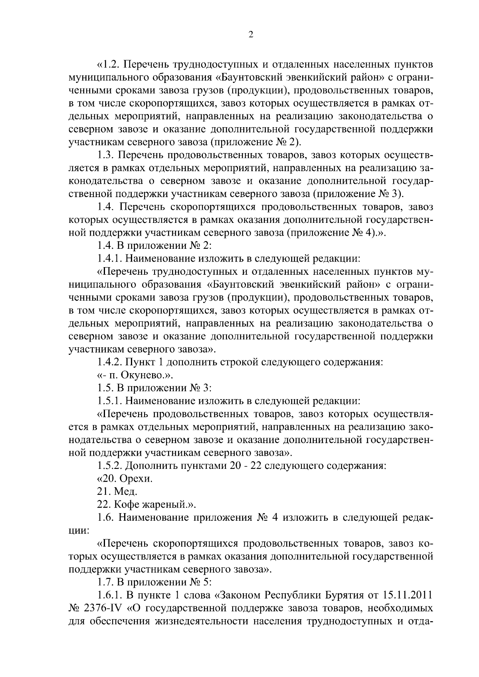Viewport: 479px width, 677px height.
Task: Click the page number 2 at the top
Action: tap(251, 35)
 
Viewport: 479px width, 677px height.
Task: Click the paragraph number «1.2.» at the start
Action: tap(107, 65)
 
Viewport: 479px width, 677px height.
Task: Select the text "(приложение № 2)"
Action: tap(256, 142)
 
